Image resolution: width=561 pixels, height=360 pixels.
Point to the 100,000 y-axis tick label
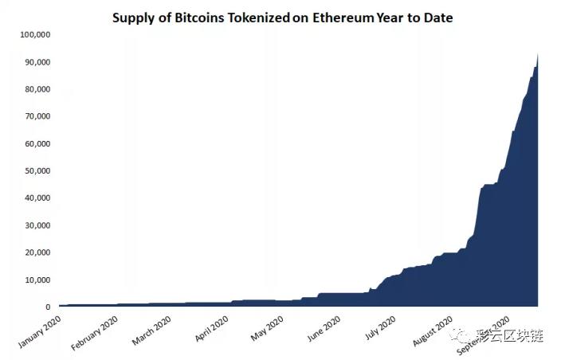34,35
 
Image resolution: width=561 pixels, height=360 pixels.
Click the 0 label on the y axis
49,307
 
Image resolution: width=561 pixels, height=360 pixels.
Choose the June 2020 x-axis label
325,328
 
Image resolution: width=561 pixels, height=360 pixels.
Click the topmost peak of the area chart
538,54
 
